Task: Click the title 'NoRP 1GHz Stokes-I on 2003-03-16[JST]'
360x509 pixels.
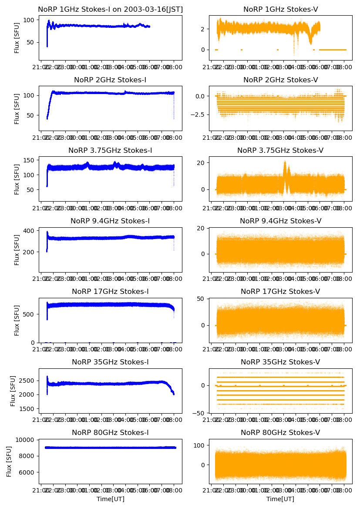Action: tap(110, 9)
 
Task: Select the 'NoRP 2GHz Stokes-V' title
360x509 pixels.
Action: tap(280, 80)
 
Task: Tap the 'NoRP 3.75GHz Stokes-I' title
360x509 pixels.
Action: tap(110, 151)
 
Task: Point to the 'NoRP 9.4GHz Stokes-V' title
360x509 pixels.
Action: tap(280, 221)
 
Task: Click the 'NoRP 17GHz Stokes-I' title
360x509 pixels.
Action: tap(110, 292)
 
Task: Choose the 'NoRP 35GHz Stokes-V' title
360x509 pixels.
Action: tap(280, 362)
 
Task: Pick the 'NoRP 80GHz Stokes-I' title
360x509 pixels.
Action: tap(110, 433)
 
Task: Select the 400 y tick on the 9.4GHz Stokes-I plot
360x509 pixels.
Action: tap(30, 231)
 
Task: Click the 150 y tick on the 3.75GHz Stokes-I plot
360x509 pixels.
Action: tap(30, 161)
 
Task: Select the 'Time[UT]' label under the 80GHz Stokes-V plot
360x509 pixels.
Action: tap(280, 499)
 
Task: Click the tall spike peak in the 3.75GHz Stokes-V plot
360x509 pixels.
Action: tap(285, 162)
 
